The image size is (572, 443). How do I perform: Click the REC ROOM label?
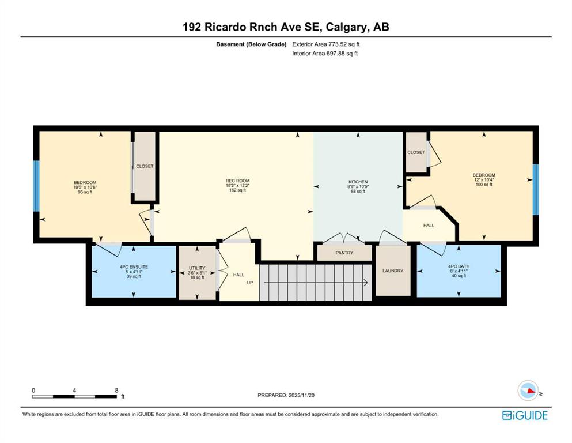pos(237,181)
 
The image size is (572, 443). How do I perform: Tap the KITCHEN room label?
pos(358,182)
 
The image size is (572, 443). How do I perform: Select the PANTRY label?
pos(344,253)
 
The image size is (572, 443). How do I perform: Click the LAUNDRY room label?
pos(393,271)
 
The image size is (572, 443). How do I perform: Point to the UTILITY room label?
pos(197,268)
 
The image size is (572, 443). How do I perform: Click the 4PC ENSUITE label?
pos(134,267)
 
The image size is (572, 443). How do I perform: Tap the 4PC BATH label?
pos(459,266)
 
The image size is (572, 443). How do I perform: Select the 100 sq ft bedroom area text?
pos(484,185)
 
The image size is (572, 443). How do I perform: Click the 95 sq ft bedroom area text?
pos(85,192)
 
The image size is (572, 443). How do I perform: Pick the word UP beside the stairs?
pos(250,283)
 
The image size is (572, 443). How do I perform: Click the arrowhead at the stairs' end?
pos(365,283)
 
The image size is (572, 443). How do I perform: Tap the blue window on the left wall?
pos(36,186)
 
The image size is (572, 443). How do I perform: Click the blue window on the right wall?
pos(536,190)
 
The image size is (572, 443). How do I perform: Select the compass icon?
pos(528,391)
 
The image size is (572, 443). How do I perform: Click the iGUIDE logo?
pos(525,416)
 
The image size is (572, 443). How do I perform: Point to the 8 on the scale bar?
pos(116,391)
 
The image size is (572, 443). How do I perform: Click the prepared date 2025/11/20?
pos(301,395)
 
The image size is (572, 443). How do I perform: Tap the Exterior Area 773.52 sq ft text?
pos(326,44)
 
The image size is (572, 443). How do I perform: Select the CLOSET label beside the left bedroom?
pos(145,166)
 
